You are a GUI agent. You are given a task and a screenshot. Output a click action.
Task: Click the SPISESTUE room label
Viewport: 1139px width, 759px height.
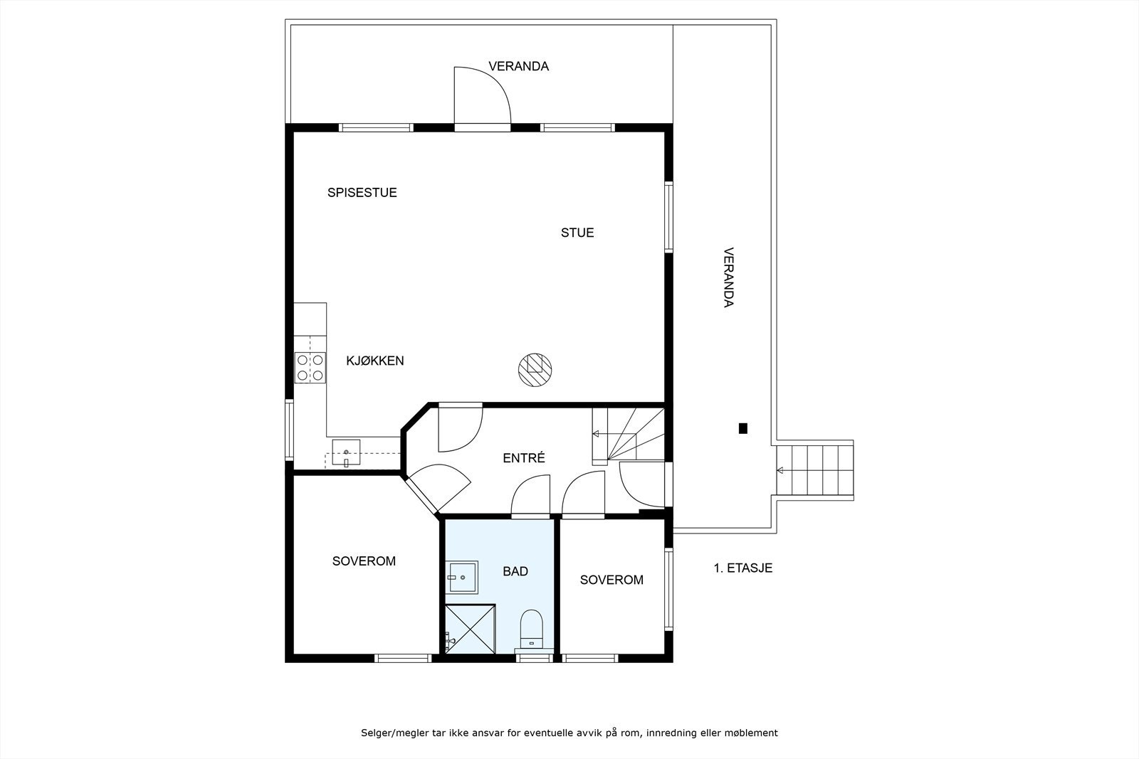tap(362, 193)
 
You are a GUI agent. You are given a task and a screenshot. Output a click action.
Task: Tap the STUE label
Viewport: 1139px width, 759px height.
tap(577, 233)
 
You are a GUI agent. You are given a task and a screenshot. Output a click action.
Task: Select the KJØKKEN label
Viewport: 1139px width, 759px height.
tap(374, 361)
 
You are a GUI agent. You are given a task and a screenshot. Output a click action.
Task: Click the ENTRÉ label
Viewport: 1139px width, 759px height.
tap(524, 457)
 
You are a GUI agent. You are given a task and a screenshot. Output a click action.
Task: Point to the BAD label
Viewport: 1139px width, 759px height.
tap(515, 571)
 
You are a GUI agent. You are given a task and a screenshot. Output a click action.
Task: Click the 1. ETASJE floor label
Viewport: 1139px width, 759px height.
tap(743, 568)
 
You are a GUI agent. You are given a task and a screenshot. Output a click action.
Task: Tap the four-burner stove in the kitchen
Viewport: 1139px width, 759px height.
tap(310, 368)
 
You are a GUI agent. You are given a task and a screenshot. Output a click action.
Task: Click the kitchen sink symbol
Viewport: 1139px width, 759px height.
tap(346, 452)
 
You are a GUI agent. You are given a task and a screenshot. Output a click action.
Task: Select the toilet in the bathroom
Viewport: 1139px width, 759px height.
tap(532, 631)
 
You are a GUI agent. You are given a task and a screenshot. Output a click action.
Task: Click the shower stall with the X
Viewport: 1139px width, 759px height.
tap(471, 629)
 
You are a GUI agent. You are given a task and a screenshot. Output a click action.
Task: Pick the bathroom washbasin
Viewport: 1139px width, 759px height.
tap(462, 577)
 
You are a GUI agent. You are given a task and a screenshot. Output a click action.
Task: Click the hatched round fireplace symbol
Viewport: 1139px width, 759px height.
tap(535, 370)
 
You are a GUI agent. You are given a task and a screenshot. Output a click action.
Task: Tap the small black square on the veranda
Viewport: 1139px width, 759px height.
tap(743, 428)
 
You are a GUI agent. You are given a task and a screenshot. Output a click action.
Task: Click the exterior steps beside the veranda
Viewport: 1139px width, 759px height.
tap(815, 470)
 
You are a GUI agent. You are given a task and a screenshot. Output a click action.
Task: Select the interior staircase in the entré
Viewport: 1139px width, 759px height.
tap(629, 436)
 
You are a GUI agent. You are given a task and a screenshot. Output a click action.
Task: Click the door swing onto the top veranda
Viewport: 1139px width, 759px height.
tap(482, 95)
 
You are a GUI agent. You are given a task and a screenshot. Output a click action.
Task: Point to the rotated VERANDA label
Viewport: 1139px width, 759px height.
tap(729, 277)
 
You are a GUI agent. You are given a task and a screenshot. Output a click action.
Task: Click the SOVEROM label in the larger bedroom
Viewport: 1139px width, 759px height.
tap(364, 561)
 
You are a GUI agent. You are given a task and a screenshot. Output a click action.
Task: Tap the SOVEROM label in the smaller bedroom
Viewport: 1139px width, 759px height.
tap(612, 580)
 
